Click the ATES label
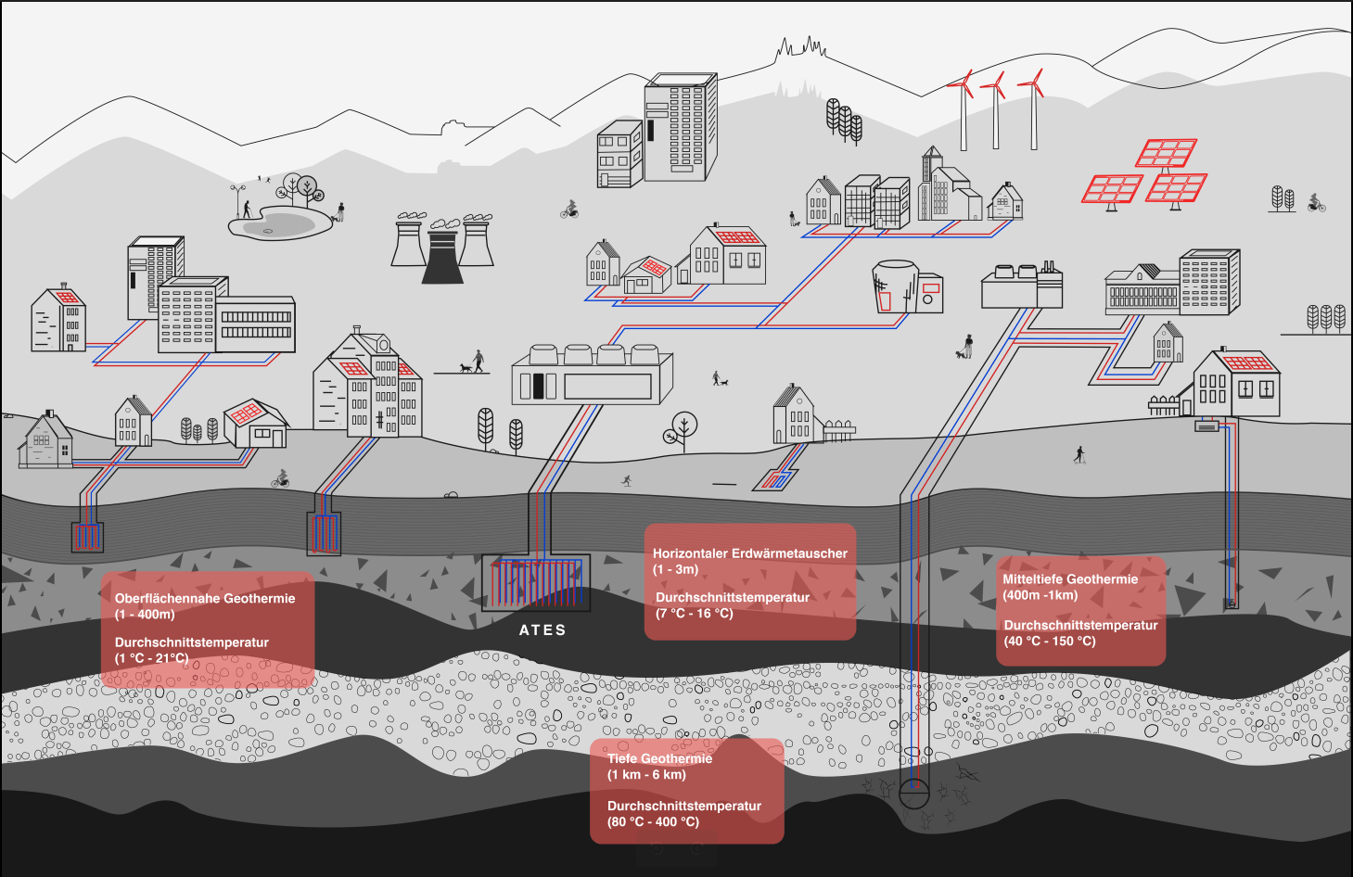coord(542,630)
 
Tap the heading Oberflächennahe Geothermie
coord(205,598)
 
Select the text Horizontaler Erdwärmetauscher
coord(749,553)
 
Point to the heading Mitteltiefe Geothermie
coord(1069,579)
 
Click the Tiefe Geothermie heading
coord(659,758)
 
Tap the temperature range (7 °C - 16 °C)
coord(694,613)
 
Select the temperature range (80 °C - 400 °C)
coord(653,821)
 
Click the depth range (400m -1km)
coord(1040,595)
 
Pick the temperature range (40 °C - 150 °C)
coord(1049,641)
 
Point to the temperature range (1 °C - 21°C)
coord(151,658)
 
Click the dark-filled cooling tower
coord(442,256)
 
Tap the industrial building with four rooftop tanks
coord(592,375)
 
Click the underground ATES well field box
coord(536,583)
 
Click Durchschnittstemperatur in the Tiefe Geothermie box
coord(683,806)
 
